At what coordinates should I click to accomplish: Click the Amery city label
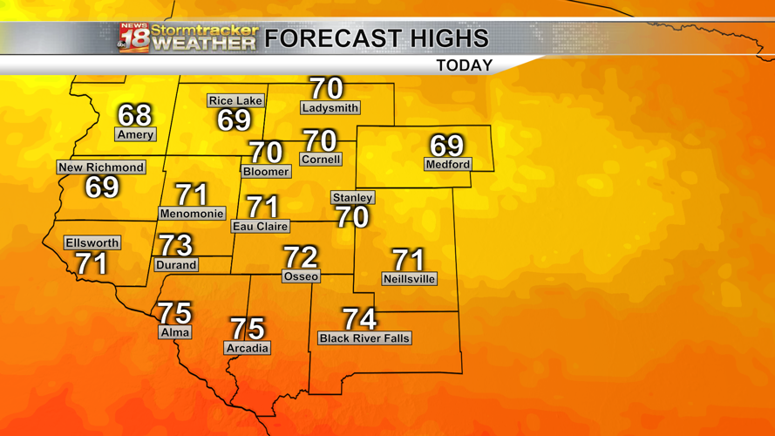135,134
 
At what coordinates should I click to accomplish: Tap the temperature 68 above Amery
134,115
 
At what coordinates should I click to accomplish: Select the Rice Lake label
235,100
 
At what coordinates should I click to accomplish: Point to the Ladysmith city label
330,108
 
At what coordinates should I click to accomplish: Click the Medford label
448,164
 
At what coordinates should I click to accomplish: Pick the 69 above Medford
447,145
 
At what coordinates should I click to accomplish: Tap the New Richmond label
101,167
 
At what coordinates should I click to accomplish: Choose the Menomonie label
192,214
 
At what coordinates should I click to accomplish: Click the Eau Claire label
260,226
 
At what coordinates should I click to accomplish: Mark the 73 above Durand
175,245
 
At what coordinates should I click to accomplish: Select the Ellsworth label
92,243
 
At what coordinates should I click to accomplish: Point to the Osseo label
301,276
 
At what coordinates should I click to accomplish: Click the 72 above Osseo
301,257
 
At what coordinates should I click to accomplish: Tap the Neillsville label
409,279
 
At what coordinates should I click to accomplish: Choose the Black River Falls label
364,338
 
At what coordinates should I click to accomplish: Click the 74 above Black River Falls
359,319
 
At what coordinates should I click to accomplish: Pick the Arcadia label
248,348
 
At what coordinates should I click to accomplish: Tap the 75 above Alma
174,313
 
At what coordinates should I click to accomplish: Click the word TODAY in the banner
464,65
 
